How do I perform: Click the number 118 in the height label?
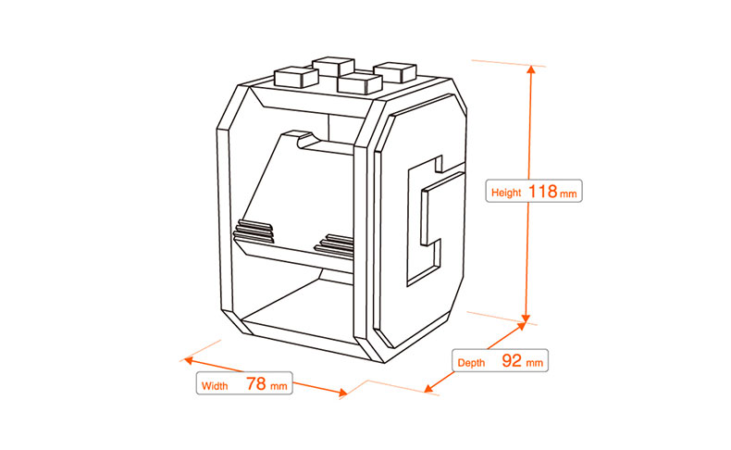[x=542, y=192]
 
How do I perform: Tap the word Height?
[x=506, y=194]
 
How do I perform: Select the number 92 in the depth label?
[x=511, y=360]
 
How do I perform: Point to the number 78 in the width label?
[x=255, y=382]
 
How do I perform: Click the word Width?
[x=214, y=384]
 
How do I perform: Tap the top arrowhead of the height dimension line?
[x=531, y=69]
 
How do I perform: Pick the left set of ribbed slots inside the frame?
[x=255, y=229]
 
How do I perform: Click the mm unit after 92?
[x=535, y=362]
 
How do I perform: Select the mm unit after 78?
[x=279, y=384]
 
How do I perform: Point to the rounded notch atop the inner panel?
[x=305, y=138]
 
